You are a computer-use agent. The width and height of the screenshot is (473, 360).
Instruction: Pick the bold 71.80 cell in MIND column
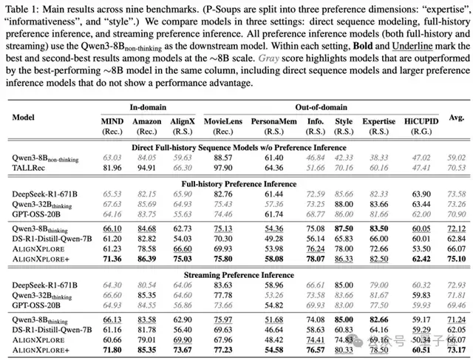click(x=112, y=350)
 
